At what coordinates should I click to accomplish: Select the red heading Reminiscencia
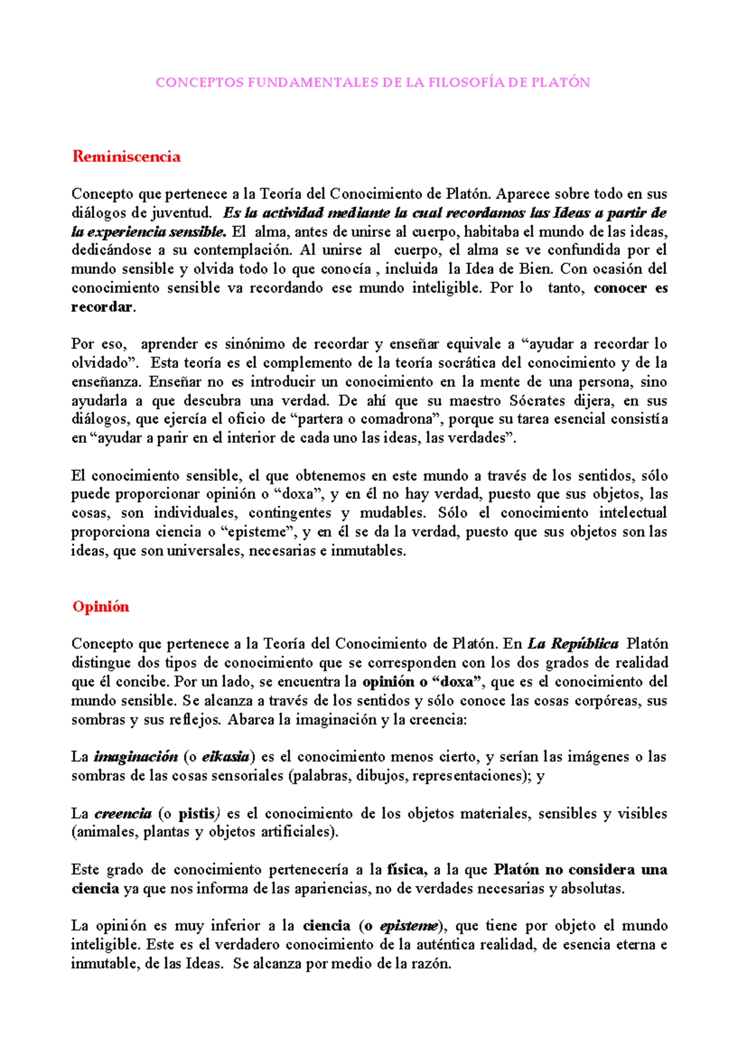[x=126, y=156]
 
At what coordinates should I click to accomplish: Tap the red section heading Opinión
[x=101, y=606]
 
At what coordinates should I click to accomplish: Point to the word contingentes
[x=289, y=514]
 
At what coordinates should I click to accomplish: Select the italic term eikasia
[x=226, y=758]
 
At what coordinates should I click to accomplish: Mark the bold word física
[x=406, y=870]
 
